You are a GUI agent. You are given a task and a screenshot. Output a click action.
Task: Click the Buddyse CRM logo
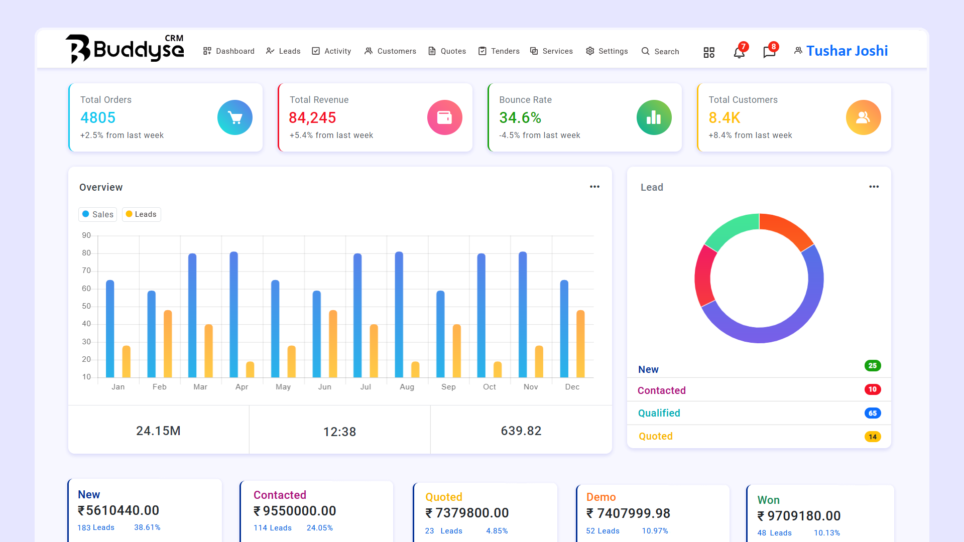[125, 49]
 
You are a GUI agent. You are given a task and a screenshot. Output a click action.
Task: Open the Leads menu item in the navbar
[283, 51]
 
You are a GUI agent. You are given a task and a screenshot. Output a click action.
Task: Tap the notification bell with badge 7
[739, 52]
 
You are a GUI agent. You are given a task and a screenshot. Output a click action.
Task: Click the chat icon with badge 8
[769, 52]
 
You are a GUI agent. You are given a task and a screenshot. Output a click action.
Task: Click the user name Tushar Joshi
[847, 51]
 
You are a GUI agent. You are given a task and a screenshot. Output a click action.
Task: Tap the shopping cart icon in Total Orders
[235, 117]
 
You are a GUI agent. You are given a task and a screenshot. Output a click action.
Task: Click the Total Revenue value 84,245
[312, 117]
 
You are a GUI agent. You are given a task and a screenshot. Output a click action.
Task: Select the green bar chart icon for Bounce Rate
[654, 117]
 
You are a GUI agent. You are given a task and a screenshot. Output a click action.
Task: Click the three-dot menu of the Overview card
[594, 187]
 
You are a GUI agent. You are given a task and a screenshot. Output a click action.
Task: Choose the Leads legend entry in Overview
[141, 214]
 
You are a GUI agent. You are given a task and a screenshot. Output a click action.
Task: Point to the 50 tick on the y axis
[86, 306]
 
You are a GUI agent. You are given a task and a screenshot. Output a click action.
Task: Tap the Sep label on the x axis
[448, 387]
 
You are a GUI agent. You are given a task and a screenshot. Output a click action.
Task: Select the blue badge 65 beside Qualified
[873, 413]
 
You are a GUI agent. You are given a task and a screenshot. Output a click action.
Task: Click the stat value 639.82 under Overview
[521, 431]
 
